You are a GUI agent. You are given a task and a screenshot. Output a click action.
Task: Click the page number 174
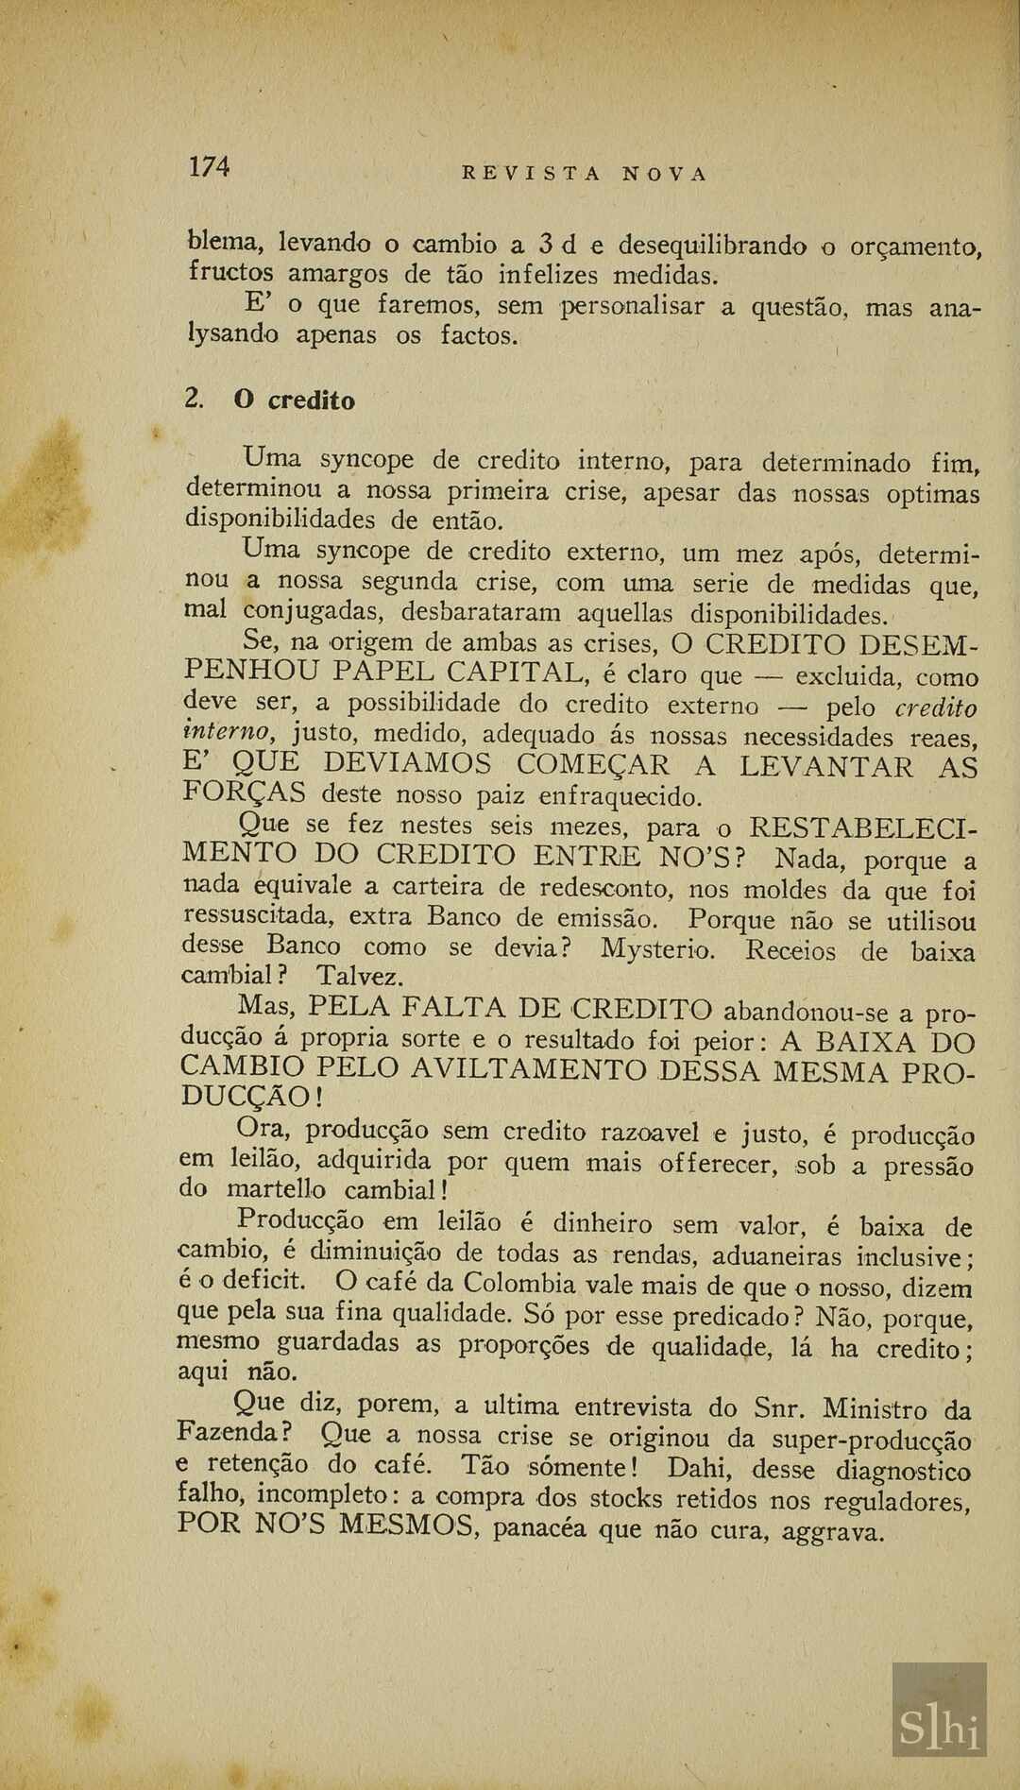209,167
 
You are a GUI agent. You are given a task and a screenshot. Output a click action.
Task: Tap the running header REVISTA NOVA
584,174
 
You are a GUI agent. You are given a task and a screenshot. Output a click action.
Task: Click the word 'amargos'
336,275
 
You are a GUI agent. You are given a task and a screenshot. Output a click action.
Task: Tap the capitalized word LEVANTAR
826,765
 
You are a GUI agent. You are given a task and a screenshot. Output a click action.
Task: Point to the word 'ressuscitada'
257,915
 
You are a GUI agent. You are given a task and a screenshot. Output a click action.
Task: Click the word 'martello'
276,1189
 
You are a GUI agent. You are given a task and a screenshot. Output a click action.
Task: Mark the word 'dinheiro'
602,1224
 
